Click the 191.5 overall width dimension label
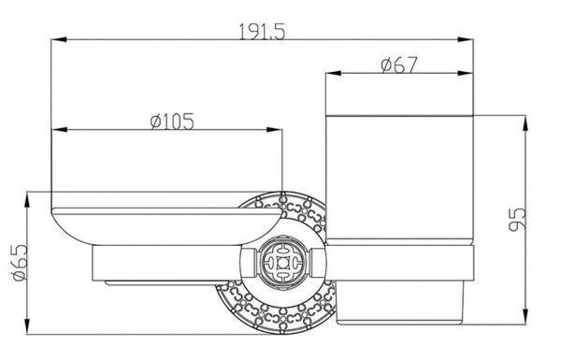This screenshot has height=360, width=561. pos(262,32)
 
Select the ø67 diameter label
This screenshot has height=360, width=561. pos(399,65)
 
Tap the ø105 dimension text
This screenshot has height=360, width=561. pos(172,122)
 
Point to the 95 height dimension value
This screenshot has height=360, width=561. pos(518,219)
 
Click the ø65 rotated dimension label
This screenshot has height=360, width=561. pos(20,263)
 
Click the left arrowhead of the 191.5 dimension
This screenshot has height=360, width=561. pos(60,39)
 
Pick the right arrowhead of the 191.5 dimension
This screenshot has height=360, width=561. pos(466,39)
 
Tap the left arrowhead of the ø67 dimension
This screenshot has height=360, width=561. pos(333,73)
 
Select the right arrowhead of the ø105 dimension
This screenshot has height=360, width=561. pos(274,129)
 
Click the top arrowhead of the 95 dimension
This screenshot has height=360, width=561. pos(525,123)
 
